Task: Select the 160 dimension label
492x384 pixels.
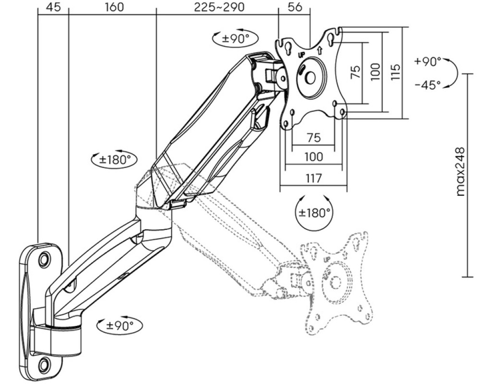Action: [114, 7]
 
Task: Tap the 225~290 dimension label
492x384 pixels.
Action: [219, 7]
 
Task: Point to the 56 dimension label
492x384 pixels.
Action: [295, 7]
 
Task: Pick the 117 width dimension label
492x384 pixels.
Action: [314, 178]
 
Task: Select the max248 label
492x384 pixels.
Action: [460, 172]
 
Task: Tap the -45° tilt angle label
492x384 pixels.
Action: [428, 84]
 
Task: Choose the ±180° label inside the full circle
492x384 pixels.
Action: [315, 213]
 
